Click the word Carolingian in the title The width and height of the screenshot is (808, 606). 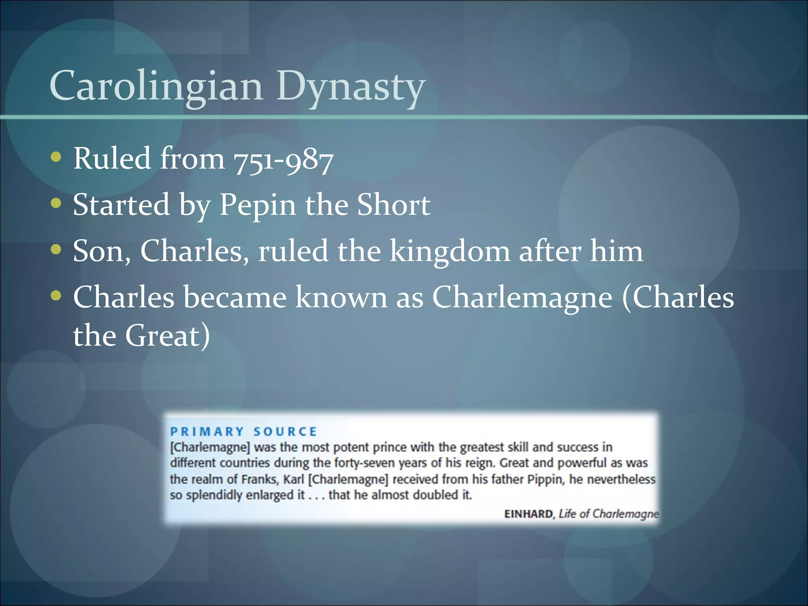(156, 86)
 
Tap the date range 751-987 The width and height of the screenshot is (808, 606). (283, 160)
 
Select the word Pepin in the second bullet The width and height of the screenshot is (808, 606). (257, 205)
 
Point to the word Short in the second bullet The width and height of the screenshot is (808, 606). (393, 205)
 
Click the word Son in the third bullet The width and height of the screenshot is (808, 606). (101, 251)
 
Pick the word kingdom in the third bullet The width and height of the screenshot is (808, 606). (450, 251)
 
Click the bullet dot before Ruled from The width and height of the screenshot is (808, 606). (56, 157)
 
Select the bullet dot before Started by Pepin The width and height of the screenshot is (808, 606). (56, 204)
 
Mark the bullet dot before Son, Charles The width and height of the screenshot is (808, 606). (56, 250)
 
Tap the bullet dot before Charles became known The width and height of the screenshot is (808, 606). (56, 296)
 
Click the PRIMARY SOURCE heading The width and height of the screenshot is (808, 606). (243, 432)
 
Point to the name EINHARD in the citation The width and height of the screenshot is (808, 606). (529, 514)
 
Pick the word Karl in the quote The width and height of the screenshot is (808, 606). (294, 479)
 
